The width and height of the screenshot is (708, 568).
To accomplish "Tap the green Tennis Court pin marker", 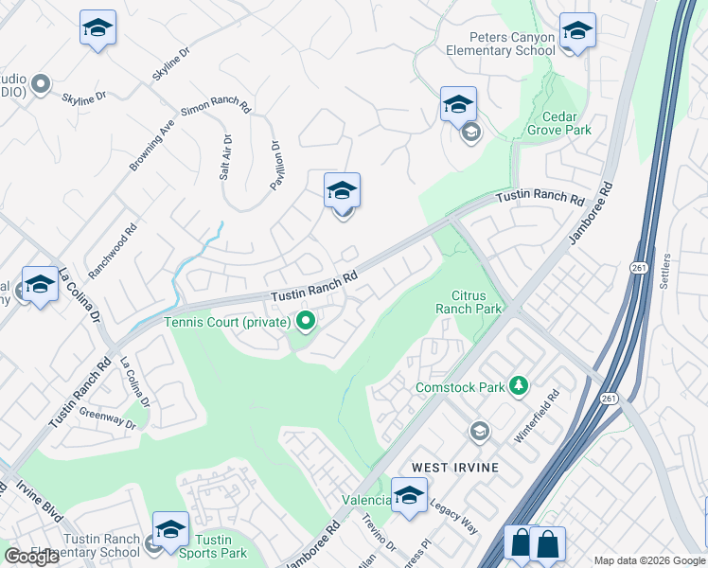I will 305,322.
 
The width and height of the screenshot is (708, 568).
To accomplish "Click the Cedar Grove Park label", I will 559,122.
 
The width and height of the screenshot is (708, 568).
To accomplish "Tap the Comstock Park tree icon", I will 518,385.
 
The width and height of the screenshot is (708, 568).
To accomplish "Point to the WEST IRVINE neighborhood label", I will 455,468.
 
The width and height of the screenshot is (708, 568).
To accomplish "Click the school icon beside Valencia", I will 409,496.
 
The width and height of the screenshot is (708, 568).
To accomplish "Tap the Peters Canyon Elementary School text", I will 500,44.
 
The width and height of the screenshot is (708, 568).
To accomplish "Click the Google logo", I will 31,557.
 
